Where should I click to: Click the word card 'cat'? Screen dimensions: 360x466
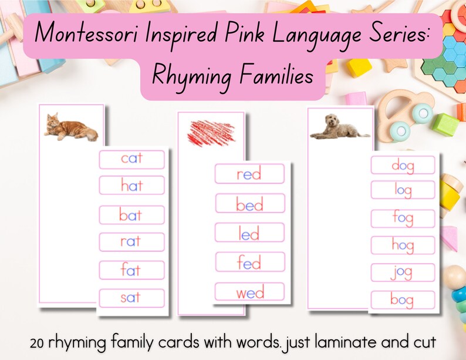click(131, 159)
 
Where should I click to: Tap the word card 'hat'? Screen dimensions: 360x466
click(131, 186)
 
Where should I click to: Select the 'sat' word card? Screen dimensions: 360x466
click(131, 298)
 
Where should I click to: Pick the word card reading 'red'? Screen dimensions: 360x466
click(249, 174)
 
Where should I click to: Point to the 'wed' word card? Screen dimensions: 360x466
click(249, 292)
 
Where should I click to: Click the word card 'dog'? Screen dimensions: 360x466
click(403, 165)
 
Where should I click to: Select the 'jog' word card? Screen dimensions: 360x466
click(403, 272)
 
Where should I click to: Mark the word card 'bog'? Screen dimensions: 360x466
click(403, 300)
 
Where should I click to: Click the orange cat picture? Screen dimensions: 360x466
click(70, 127)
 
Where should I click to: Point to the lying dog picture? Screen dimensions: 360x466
click(340, 127)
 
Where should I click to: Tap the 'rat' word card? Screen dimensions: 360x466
click(131, 241)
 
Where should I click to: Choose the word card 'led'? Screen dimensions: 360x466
click(249, 233)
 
